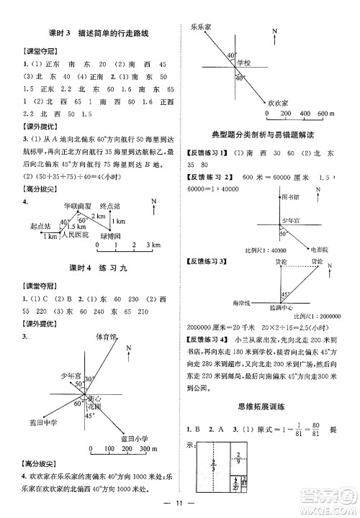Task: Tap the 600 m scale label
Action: [x=326, y=114]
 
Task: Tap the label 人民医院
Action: [x=75, y=235]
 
